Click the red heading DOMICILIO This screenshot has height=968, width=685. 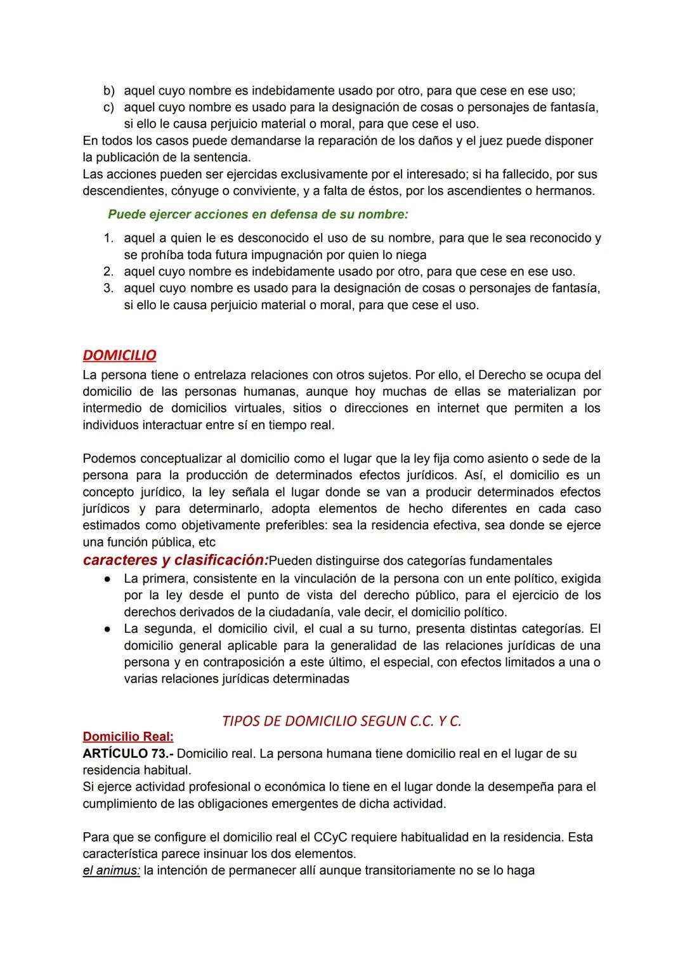pyautogui.click(x=119, y=355)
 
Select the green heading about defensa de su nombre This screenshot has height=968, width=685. pyautogui.click(x=258, y=215)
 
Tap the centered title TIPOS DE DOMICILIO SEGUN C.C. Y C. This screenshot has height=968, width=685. pyautogui.click(x=342, y=721)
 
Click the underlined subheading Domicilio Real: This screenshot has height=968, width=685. pyautogui.click(x=128, y=737)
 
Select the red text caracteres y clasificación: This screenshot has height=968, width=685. pyautogui.click(x=176, y=560)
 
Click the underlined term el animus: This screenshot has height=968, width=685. pyautogui.click(x=111, y=870)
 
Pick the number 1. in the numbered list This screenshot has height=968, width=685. pyautogui.click(x=108, y=239)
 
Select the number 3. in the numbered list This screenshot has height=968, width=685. pyautogui.click(x=108, y=288)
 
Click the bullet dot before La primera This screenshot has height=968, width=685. pyautogui.click(x=108, y=579)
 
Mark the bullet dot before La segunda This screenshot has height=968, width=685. pyautogui.click(x=108, y=629)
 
